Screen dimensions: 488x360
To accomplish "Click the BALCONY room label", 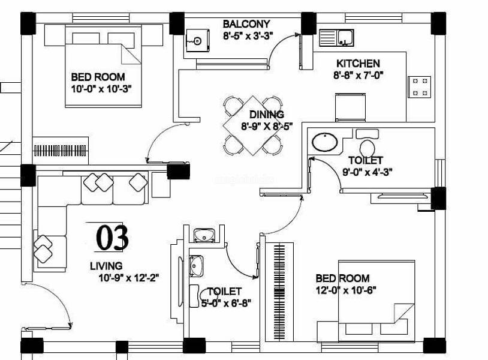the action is [x=246, y=24].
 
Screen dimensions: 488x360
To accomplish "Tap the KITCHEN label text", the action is [x=358, y=64].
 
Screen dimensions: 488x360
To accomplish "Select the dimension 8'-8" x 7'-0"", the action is [x=358, y=76].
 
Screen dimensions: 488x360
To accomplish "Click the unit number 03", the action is [x=112, y=238].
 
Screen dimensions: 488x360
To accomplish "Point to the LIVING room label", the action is [x=106, y=266].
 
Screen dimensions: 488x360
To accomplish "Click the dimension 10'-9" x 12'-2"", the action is [x=129, y=278].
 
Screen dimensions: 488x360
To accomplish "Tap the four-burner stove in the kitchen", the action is [x=420, y=87].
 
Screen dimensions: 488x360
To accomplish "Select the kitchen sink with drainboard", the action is [x=336, y=38].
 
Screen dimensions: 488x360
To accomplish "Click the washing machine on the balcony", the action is [x=197, y=40].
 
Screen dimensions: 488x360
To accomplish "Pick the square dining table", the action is [x=252, y=125].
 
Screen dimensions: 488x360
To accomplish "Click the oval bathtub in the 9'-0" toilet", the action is [x=324, y=142].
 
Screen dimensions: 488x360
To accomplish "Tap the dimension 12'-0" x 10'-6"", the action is [x=346, y=290].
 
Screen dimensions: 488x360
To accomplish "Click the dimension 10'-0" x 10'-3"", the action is [x=101, y=89].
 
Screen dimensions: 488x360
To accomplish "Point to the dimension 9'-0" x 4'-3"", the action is [x=367, y=172].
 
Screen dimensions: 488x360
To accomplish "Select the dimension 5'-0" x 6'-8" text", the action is [x=226, y=303].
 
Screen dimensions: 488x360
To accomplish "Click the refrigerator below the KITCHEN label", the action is [x=350, y=107].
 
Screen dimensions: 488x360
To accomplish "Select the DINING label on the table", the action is [x=267, y=115].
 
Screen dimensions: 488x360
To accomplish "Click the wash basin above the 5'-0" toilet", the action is [x=204, y=235].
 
